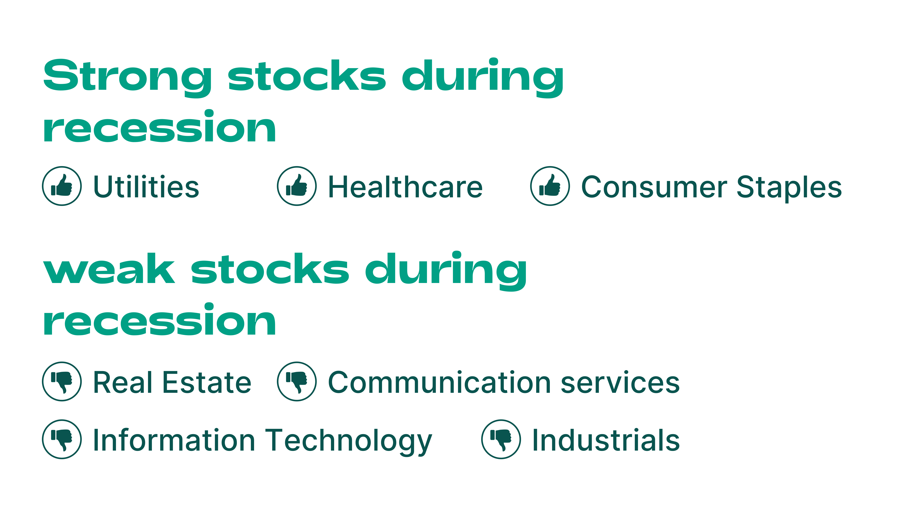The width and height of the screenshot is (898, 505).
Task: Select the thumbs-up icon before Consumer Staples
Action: click(x=550, y=186)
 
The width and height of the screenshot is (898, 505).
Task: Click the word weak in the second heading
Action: click(x=109, y=268)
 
